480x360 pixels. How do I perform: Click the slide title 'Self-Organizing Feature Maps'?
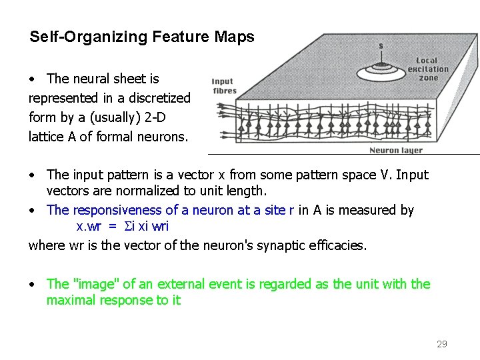point(141,37)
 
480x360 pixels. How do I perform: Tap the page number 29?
point(441,344)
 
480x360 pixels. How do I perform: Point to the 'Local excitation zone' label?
point(427,69)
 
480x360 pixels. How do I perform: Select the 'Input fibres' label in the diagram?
point(223,87)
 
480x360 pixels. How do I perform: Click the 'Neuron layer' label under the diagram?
point(395,151)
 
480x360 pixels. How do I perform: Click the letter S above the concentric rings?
point(381,46)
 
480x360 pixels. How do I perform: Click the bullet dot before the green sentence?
point(32,285)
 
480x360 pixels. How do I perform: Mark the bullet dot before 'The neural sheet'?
point(32,79)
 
